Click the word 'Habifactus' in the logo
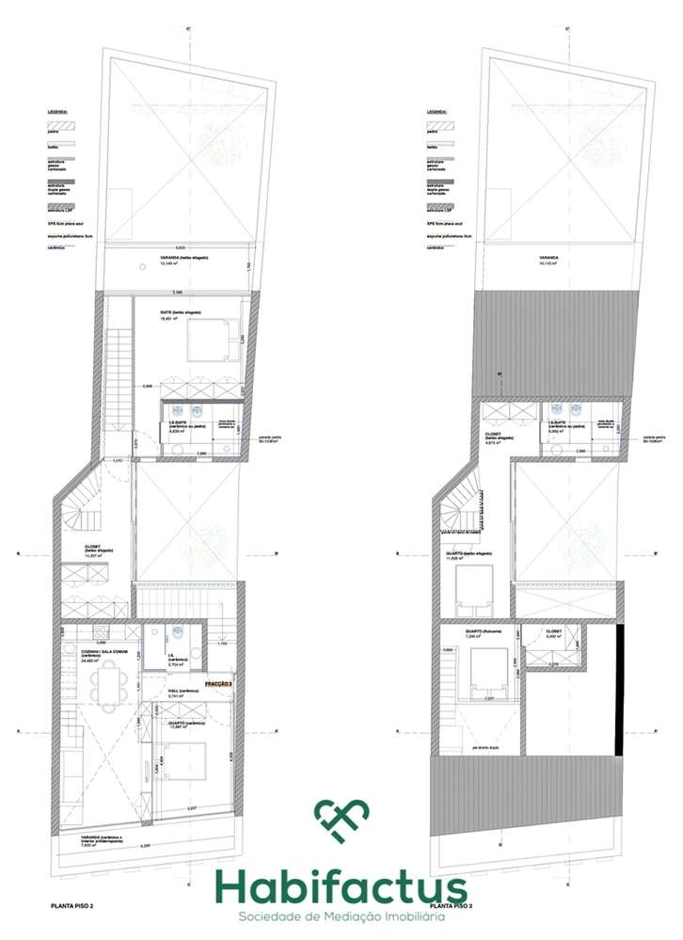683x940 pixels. [x=341, y=886]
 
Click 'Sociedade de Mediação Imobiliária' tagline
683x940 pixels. [x=341, y=916]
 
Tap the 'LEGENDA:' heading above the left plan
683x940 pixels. [x=59, y=111]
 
